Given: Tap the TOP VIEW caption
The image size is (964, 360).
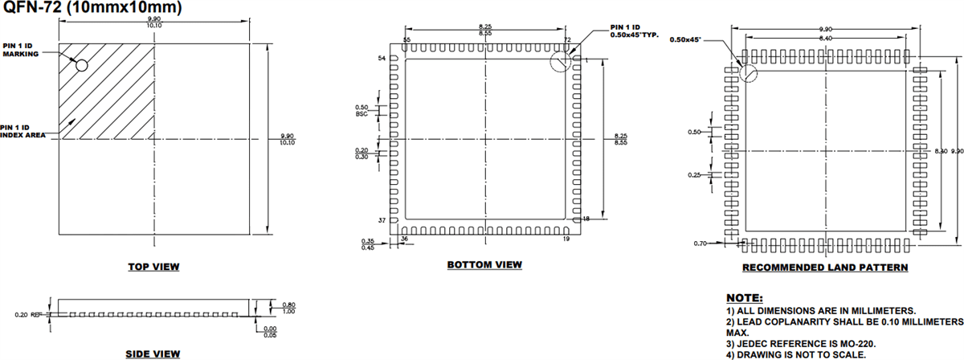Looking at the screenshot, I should tap(153, 266).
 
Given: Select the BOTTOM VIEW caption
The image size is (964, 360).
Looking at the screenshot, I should tap(484, 264).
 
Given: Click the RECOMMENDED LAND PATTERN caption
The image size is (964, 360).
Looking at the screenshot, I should tap(825, 267).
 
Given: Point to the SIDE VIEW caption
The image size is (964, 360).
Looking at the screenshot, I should tap(153, 354).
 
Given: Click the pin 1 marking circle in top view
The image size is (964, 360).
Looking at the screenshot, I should tap(81, 63).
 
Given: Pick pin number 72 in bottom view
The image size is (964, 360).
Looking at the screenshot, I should tap(567, 39).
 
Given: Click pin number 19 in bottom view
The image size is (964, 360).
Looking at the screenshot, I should tap(567, 239).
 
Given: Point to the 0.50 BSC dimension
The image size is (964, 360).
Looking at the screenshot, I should tap(361, 111).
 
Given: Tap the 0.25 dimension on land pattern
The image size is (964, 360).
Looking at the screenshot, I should tap(694, 174).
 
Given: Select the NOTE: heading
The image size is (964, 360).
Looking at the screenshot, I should tap(745, 297).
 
